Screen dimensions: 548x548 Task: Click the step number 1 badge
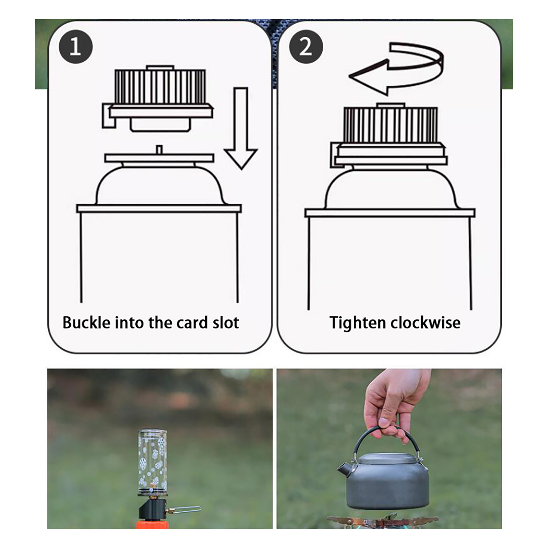(76, 47)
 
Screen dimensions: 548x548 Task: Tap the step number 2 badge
(306, 47)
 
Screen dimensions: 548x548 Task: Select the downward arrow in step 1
(241, 128)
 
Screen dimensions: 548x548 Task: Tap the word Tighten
(358, 323)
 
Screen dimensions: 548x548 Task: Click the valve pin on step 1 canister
(159, 150)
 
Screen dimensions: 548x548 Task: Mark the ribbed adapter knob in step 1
(160, 87)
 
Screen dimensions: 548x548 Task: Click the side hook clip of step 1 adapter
(109, 116)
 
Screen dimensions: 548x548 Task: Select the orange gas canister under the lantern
(152, 524)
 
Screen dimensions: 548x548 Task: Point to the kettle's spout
(344, 469)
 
